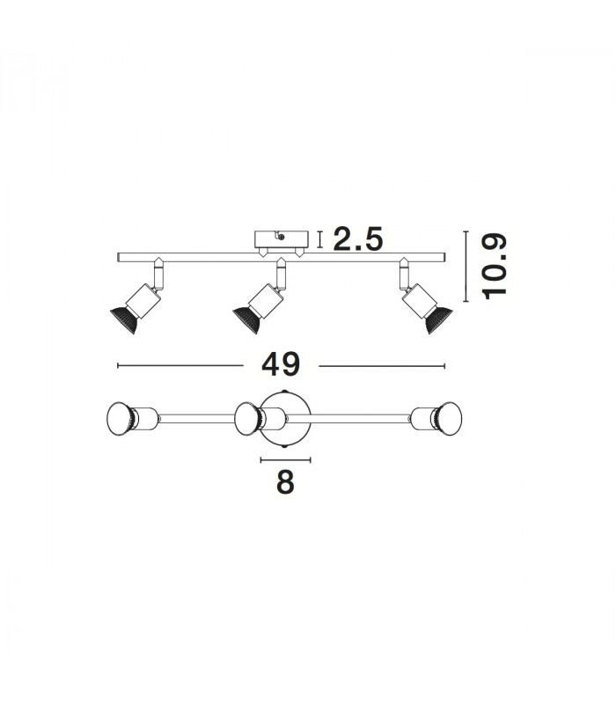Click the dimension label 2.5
(x=358, y=238)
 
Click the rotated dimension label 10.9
(x=494, y=267)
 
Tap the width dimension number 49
(x=281, y=364)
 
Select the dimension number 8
(x=285, y=482)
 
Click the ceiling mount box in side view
(x=282, y=239)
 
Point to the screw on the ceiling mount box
(x=281, y=236)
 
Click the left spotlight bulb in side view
(x=124, y=319)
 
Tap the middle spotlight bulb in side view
(x=246, y=319)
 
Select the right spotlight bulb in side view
(x=438, y=319)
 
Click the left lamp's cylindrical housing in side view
(x=143, y=300)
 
